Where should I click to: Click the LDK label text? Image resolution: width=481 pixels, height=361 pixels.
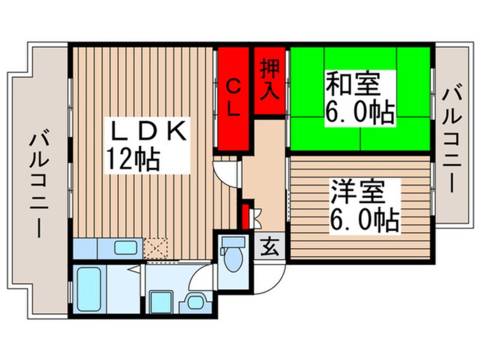pyautogui.click(x=147, y=132)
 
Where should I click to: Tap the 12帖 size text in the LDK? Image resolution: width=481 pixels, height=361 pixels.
pyautogui.click(x=132, y=159)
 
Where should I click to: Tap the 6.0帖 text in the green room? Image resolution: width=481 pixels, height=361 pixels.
pyautogui.click(x=359, y=112)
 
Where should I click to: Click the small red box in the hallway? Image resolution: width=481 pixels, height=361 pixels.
pyautogui.click(x=246, y=215)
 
